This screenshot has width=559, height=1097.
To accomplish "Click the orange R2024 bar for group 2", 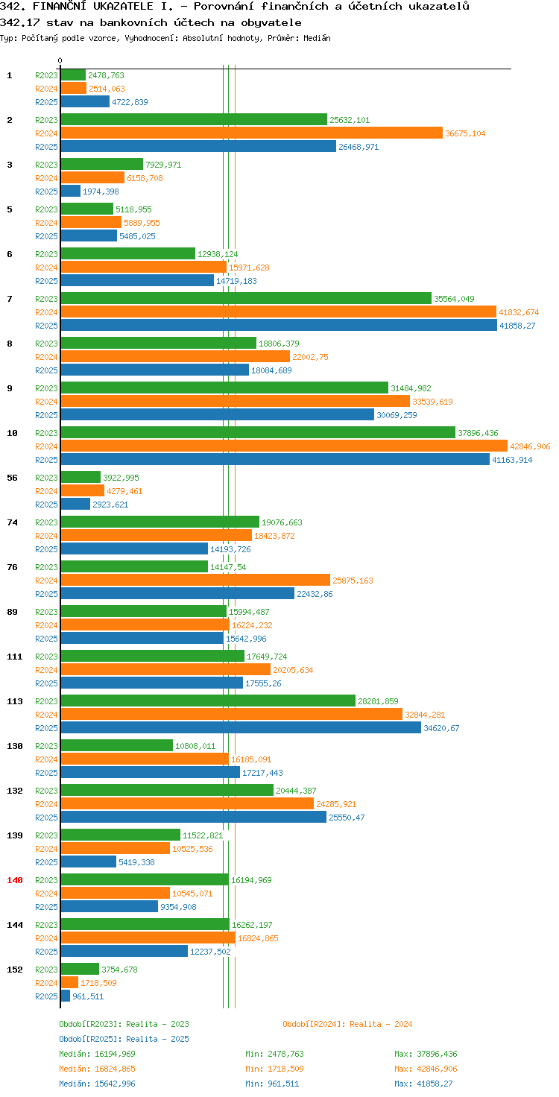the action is [251, 133].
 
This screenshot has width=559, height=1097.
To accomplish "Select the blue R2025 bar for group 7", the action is [279, 326].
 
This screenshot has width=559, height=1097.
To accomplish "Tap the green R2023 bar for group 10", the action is [258, 433].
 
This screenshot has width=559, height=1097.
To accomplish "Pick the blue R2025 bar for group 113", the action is [241, 728].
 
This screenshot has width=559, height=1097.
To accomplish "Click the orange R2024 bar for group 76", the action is [195, 581].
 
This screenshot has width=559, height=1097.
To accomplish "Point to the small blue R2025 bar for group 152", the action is [65, 996].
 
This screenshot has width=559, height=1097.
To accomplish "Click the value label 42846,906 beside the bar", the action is [530, 446].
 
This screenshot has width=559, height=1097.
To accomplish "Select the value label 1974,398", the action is [101, 192].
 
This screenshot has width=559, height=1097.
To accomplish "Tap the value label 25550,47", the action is [347, 818].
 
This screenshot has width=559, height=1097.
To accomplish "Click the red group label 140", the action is [15, 881].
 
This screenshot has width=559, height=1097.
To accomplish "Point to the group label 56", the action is [12, 478].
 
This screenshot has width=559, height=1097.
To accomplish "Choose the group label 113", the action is [15, 701].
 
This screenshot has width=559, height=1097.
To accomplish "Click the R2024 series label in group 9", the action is [46, 402].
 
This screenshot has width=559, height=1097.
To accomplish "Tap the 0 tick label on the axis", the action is [60, 60].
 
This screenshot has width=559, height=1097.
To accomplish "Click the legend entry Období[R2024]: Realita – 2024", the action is [347, 1024].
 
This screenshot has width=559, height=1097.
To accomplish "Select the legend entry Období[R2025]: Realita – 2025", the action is [124, 1039].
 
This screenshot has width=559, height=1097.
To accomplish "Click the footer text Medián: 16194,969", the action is [97, 1054].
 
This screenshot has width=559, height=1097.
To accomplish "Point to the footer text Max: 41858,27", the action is [423, 1084].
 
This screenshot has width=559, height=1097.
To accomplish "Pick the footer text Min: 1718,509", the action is [274, 1069].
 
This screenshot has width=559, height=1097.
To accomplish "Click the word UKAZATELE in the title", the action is [123, 7].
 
